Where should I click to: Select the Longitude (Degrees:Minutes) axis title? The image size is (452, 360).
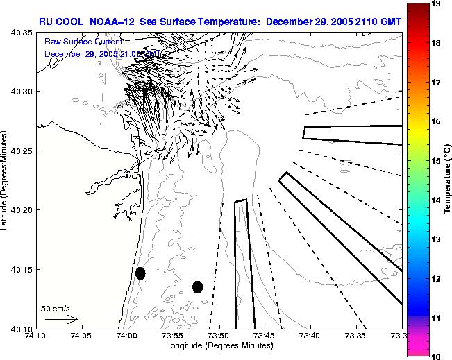click(x=219, y=345)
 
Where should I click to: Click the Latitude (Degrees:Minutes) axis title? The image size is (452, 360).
click(x=6, y=180)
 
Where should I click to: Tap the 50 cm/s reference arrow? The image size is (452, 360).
click(x=62, y=319)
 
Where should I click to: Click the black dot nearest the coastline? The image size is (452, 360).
click(x=140, y=273)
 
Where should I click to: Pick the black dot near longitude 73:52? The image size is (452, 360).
click(x=197, y=286)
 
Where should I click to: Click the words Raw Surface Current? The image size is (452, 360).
click(x=84, y=42)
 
